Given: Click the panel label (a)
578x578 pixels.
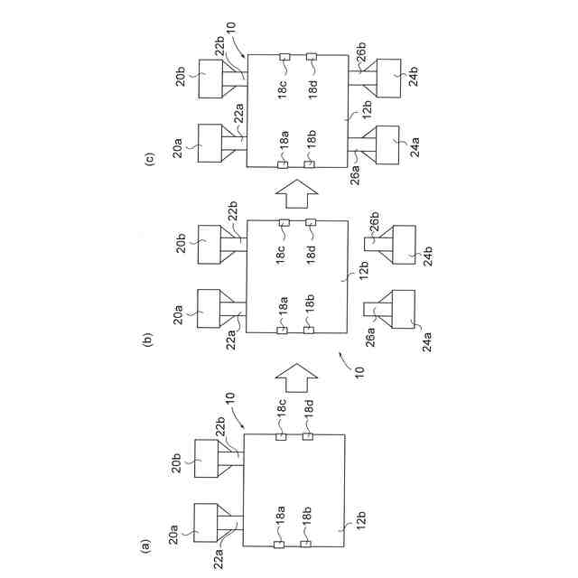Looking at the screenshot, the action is click(x=142, y=545).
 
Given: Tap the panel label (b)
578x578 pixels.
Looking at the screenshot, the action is click(x=146, y=340).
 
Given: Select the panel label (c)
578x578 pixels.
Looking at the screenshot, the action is click(x=150, y=158).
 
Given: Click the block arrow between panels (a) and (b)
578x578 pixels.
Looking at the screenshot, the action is click(x=294, y=371).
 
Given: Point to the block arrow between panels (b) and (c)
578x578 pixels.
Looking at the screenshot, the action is click(x=294, y=192).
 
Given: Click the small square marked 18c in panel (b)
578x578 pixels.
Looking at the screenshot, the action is click(x=284, y=222).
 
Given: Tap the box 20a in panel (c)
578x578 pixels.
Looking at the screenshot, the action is click(x=210, y=143).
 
